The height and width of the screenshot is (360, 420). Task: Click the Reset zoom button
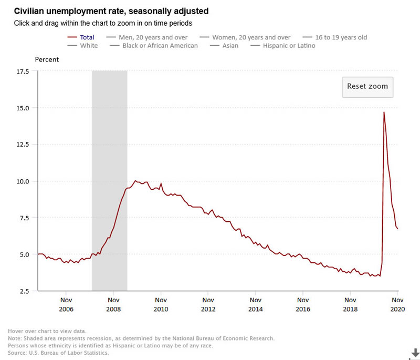(x=367, y=86)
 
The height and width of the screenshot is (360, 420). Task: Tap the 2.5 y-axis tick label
(x=24, y=291)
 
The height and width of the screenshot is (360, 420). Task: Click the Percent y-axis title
(x=47, y=59)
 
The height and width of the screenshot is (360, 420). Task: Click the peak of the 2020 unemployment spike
(x=384, y=112)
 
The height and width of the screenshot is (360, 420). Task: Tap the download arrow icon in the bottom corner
(x=415, y=352)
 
